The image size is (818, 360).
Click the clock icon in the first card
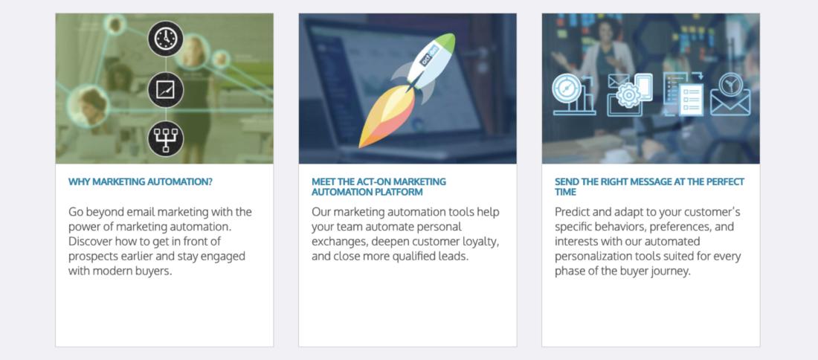click(x=165, y=39)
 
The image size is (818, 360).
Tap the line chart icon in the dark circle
click(x=165, y=89)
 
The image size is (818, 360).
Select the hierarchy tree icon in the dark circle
click(x=165, y=139)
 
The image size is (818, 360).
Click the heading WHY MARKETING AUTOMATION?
click(x=141, y=182)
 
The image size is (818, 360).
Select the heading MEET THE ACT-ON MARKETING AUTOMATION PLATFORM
click(x=379, y=187)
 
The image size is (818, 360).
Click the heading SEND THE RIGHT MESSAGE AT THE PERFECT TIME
click(x=649, y=187)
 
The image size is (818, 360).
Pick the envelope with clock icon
click(x=730, y=95)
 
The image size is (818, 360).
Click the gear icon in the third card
click(x=628, y=95)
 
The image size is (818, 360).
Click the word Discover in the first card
click(x=90, y=242)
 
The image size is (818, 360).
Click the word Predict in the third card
click(x=573, y=212)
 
